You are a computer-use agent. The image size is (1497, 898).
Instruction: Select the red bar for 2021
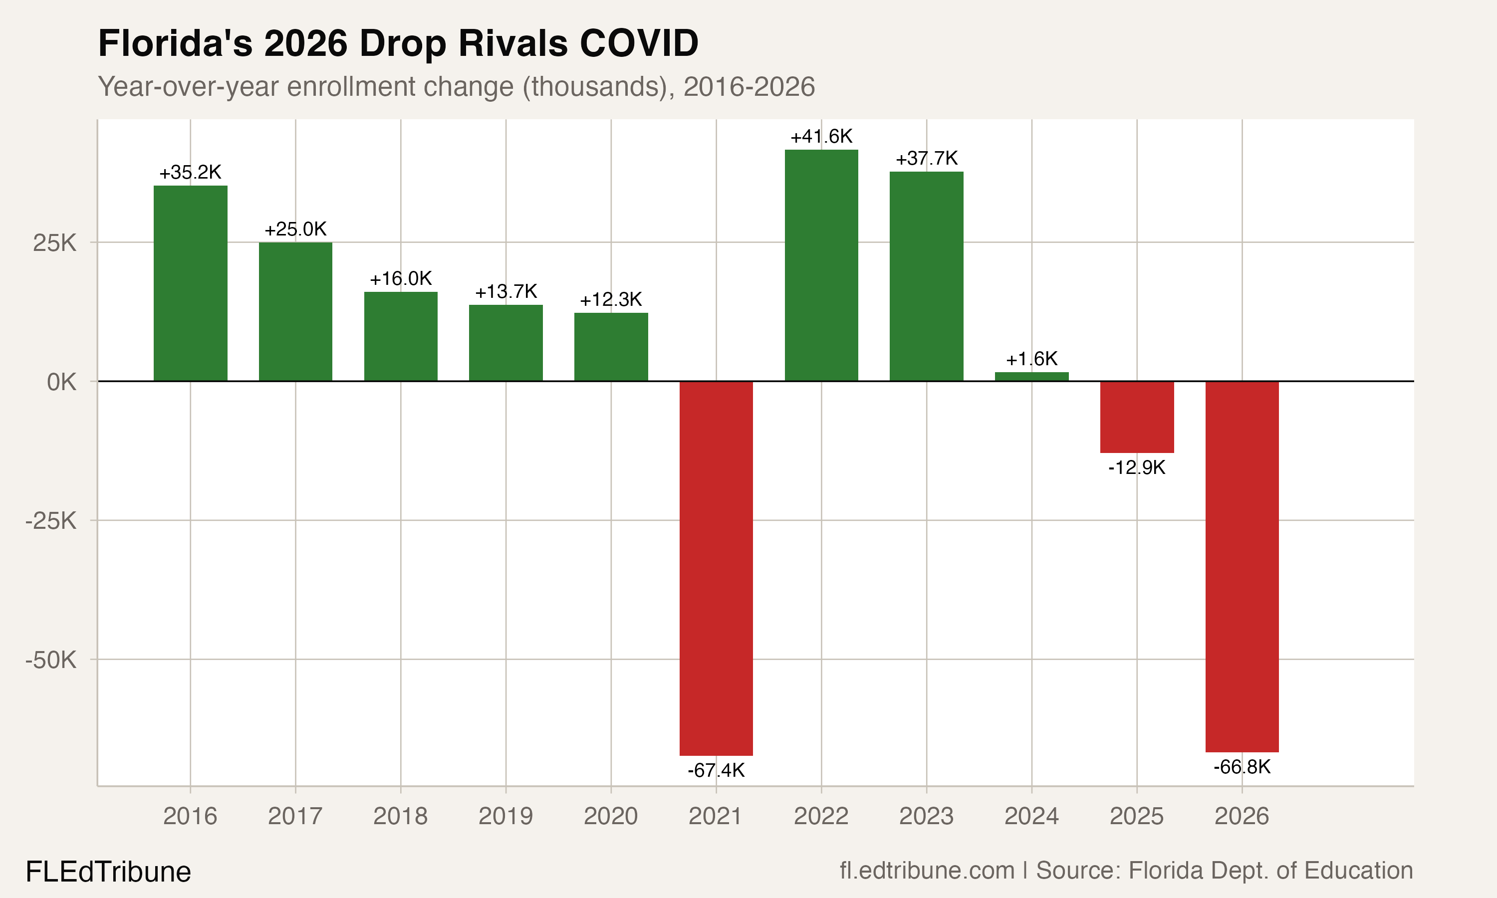(x=716, y=568)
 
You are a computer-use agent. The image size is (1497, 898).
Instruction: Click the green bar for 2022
(x=821, y=265)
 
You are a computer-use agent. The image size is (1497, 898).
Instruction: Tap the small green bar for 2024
(x=1032, y=376)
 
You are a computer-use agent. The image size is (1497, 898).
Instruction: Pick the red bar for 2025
(x=1137, y=417)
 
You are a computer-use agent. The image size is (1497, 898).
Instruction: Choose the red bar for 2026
(x=1242, y=566)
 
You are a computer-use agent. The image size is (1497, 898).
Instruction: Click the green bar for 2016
(x=190, y=283)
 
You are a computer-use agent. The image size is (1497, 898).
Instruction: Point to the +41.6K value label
(x=821, y=137)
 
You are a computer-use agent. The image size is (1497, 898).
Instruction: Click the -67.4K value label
(x=716, y=770)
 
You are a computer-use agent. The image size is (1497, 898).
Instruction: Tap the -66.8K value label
(x=1242, y=767)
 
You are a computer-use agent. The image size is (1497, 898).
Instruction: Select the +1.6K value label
(x=1032, y=359)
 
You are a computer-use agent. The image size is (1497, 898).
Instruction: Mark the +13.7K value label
(x=506, y=292)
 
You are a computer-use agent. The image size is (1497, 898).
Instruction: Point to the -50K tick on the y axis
(x=51, y=660)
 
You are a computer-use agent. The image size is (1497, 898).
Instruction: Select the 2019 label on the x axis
(x=506, y=816)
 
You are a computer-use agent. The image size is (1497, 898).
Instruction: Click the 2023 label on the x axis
(x=927, y=816)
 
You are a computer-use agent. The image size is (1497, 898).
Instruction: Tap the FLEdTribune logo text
(x=108, y=872)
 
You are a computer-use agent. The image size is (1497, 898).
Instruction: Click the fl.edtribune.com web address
(x=927, y=871)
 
